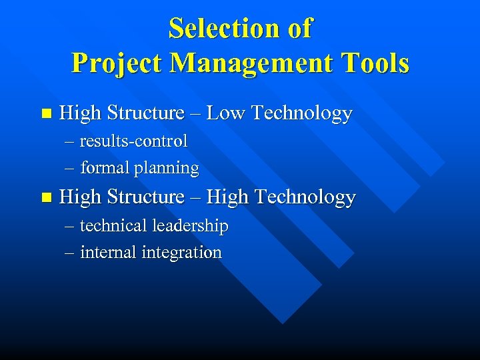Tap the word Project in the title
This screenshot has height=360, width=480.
tap(117, 63)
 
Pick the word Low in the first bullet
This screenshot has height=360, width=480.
tap(227, 113)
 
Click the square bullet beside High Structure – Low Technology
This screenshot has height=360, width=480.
tap(45, 114)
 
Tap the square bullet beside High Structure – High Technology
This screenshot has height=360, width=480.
tap(45, 197)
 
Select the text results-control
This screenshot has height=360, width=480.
tap(133, 141)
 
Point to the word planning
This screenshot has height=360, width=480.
tap(166, 169)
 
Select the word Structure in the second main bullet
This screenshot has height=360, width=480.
tap(145, 197)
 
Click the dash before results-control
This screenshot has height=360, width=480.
tap(70, 142)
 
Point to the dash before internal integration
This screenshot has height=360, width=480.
tap(70, 253)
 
